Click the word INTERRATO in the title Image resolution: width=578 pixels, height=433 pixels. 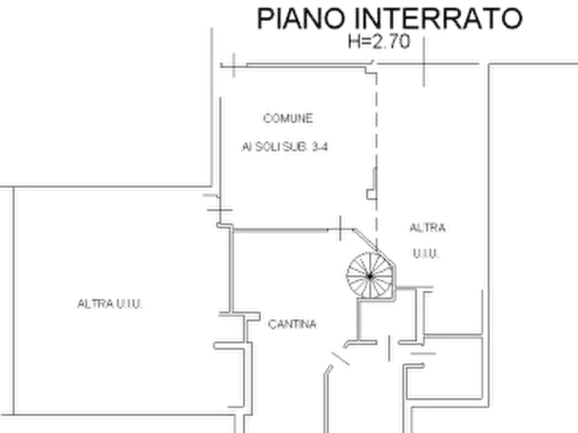(x=430, y=19)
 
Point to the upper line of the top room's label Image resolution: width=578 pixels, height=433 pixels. (x=289, y=119)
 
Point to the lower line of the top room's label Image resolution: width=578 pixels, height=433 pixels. (x=285, y=149)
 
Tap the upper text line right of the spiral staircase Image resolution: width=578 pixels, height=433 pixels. (x=427, y=227)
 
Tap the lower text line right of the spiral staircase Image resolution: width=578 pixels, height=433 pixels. (x=427, y=254)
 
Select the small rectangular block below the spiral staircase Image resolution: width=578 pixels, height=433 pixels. (x=390, y=348)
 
